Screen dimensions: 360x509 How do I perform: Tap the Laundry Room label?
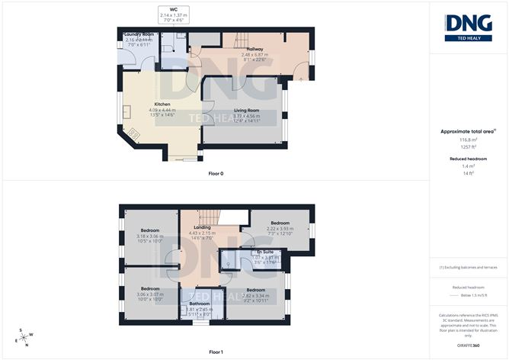coord(140,34)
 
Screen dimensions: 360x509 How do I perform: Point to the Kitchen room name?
coord(162,104)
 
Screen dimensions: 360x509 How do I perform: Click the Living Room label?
coord(241,110)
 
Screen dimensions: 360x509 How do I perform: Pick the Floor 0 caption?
coord(216,174)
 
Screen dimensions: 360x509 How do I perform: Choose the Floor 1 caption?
coord(216,352)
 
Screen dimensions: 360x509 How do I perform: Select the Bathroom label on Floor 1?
coord(200,304)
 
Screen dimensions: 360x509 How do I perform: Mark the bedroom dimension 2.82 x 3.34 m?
coord(256,296)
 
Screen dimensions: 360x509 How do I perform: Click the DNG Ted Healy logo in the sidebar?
coord(468,26)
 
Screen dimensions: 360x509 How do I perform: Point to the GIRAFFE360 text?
coord(468,346)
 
